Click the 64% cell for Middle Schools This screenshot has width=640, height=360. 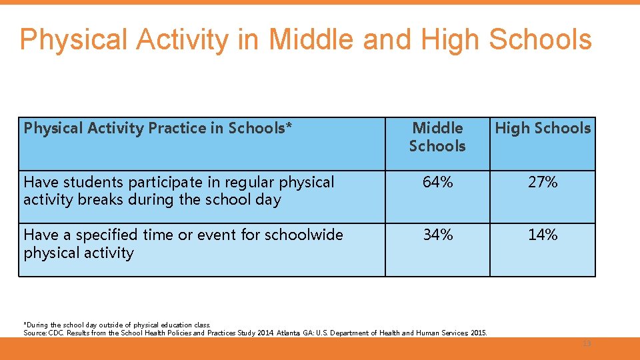[437, 182]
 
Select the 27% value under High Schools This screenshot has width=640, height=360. [543, 182]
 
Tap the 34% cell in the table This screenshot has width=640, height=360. [437, 235]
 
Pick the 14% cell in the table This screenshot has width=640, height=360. [543, 235]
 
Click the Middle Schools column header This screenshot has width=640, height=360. [437, 137]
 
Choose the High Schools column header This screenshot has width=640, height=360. [543, 128]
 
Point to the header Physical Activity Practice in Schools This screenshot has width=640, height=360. [158, 128]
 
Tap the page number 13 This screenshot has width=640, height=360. [587, 343]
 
